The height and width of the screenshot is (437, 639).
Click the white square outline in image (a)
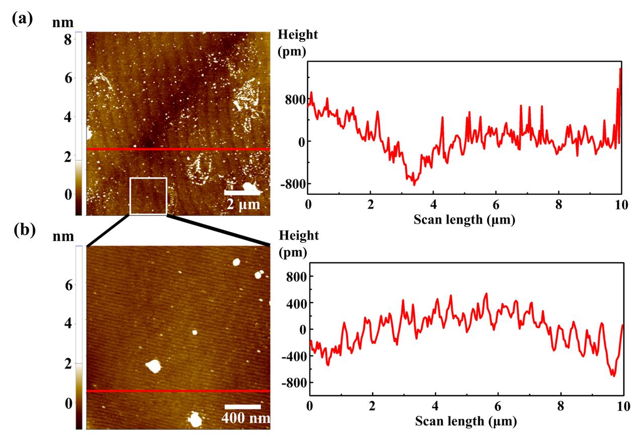[x=148, y=196]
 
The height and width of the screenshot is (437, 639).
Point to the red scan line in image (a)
[x=178, y=150]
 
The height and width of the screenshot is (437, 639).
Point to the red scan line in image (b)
[x=178, y=391]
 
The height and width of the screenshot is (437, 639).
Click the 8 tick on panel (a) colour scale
[x=67, y=39]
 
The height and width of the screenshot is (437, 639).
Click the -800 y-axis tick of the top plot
[x=295, y=184]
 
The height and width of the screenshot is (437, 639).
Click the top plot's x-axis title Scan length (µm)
[x=464, y=220]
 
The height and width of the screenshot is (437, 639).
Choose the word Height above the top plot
[x=298, y=35]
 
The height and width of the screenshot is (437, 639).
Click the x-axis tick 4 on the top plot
[x=433, y=205]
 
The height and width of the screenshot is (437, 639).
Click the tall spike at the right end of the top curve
[x=620, y=69]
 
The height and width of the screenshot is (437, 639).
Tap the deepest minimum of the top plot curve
[x=414, y=185]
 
